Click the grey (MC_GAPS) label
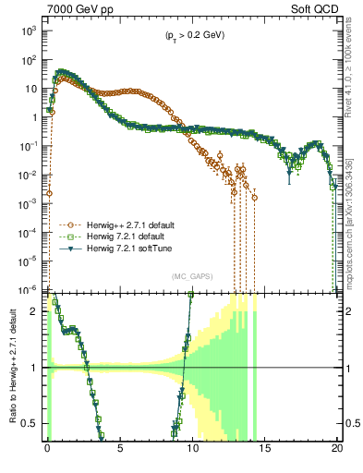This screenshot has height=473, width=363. coord(191,276)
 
